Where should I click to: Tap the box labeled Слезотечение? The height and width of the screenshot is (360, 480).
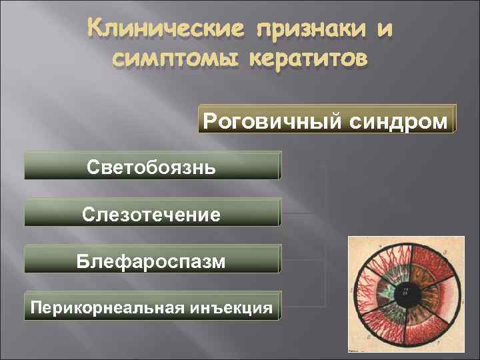pyautogui.click(x=152, y=214)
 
